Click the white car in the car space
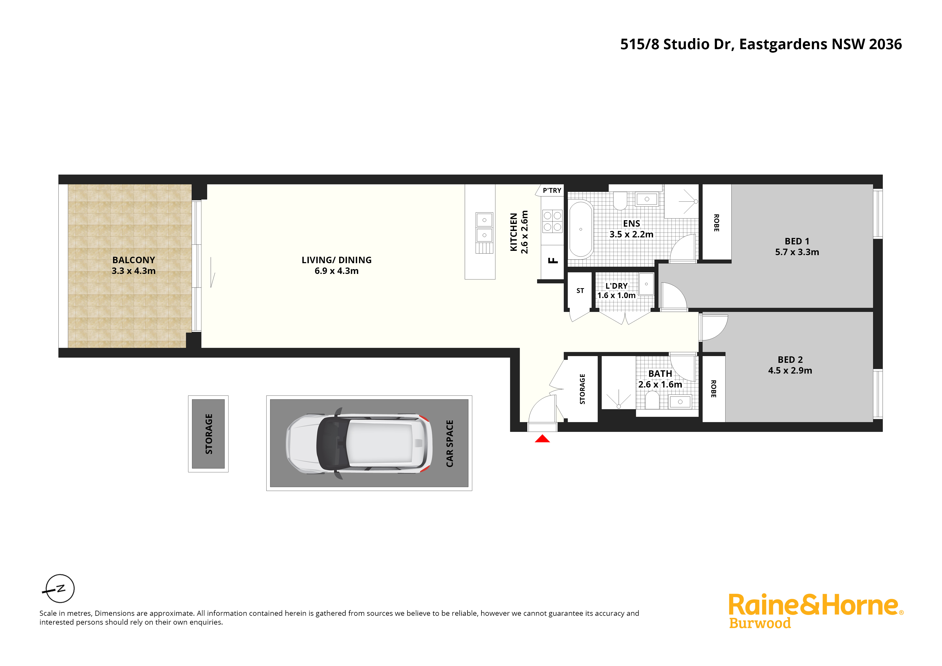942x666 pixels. pos(359,444)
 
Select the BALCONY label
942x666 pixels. pos(134,260)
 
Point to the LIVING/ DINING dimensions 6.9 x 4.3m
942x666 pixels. pos(336,271)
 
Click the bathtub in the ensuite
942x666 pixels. pos(581,229)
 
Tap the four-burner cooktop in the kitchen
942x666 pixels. pos(552,221)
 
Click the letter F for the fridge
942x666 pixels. pos(553,260)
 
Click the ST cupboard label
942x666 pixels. pos(580,291)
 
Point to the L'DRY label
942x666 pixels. pos(616,286)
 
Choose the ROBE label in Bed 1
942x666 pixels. pos(716,223)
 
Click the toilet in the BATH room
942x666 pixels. pos(652,400)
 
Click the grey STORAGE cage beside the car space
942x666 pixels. pos(208,434)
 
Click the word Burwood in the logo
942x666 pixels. pos(760,623)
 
